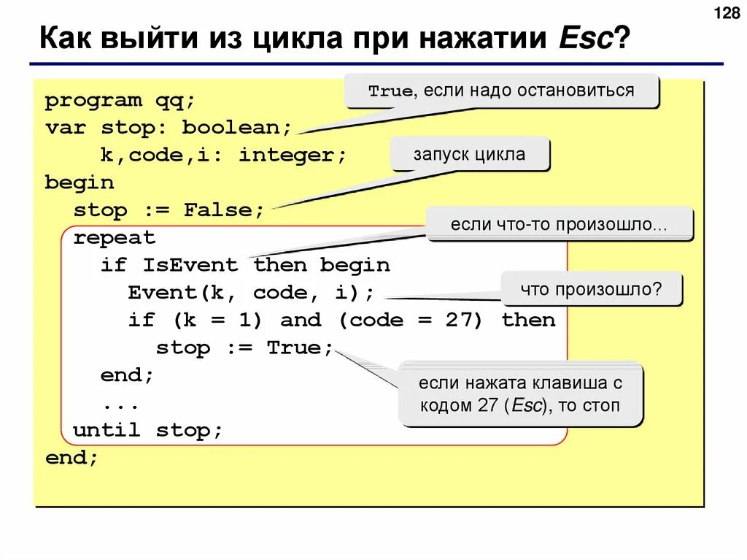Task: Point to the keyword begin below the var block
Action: coord(80,183)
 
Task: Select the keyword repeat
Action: coord(115,237)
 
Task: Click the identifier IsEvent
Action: coord(190,265)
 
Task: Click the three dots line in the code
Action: coord(120,403)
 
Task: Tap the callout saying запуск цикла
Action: coord(469,155)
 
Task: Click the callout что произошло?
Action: coord(591,289)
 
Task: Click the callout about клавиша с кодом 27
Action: coord(520,393)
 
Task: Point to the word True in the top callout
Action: coord(390,91)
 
